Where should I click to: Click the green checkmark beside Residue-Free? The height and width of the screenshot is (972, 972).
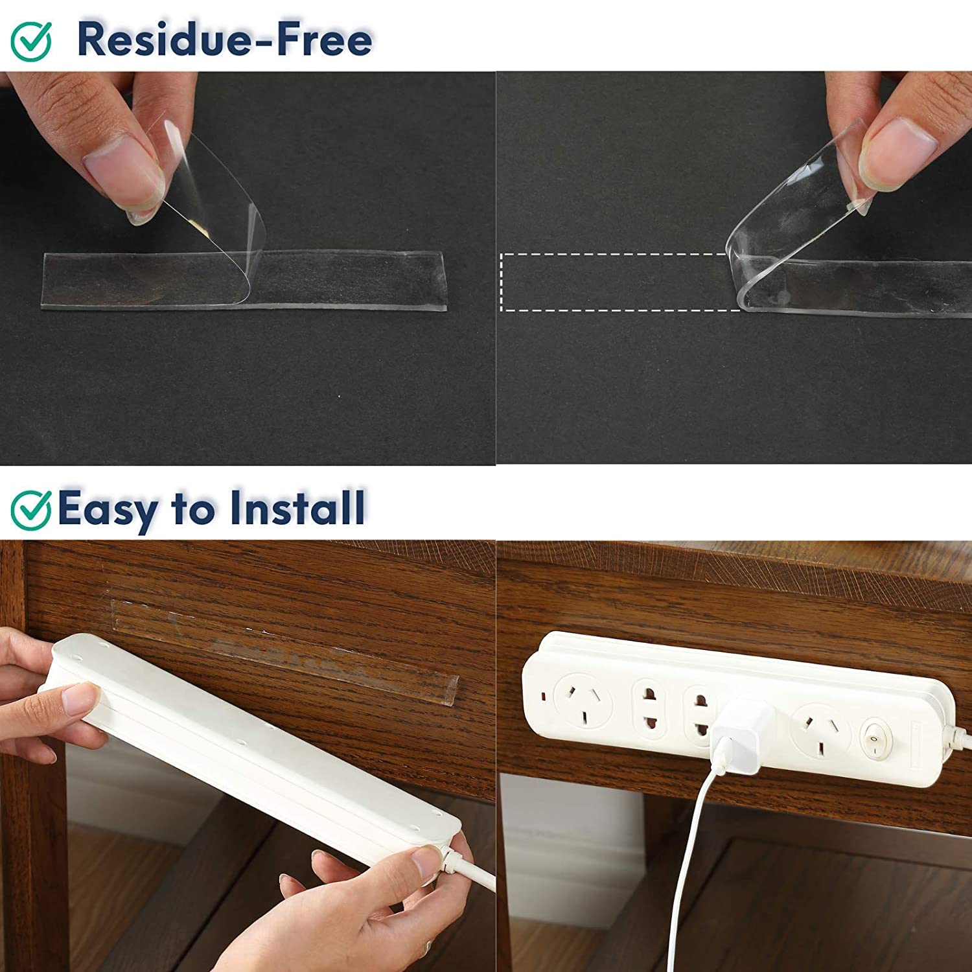[31, 40]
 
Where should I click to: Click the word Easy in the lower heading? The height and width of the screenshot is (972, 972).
[108, 511]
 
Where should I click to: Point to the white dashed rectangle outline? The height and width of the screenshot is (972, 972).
[621, 282]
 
